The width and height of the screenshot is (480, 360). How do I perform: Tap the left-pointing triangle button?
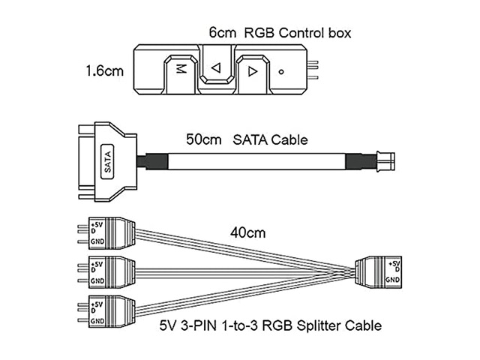point(217,65)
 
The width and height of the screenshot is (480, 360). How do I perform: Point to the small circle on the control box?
point(281,72)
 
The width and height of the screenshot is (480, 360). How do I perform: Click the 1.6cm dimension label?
point(105,71)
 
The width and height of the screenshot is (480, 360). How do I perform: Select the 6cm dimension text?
point(223,33)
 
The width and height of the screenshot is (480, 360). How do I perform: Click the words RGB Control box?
point(298,33)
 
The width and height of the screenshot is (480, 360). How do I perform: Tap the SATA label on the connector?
point(107,162)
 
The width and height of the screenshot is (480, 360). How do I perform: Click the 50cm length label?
point(203,139)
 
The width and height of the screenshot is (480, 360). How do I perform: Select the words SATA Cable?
point(270,139)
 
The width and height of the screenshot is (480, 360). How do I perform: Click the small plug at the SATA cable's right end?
point(385,160)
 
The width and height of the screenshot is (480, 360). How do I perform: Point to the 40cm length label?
point(248,233)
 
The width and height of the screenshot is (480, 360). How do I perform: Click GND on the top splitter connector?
point(97,241)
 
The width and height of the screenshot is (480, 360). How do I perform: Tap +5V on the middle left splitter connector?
point(97,264)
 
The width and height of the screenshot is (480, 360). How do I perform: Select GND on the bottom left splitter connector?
point(97,321)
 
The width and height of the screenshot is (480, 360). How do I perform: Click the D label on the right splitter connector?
point(397,269)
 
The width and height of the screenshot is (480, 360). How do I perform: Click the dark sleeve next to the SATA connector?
point(152,161)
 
